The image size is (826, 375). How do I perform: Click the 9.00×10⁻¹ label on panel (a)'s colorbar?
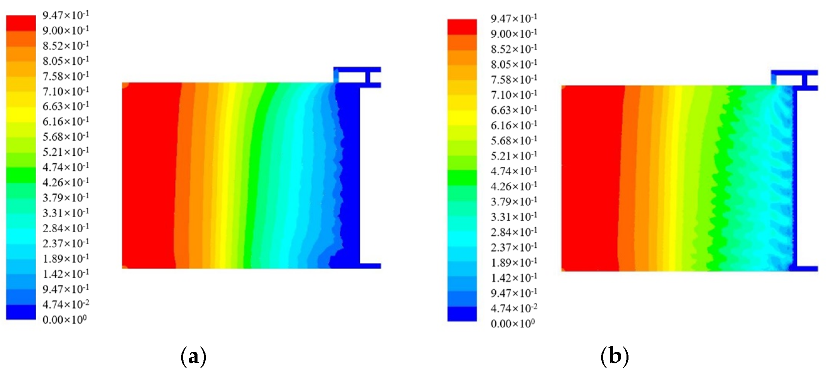[66, 31]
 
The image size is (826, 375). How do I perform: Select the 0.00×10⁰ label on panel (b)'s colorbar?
[513, 323]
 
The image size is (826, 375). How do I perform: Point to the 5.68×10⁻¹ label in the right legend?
[514, 140]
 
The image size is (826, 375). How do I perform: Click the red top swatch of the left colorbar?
[21, 23]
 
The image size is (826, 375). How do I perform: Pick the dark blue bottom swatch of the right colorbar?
[462, 314]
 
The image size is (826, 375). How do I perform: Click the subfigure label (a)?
[193, 356]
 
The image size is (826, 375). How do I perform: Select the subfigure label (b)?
[615, 356]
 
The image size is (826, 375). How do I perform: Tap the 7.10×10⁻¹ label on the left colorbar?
[66, 91]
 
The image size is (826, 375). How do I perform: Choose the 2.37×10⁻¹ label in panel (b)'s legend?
[514, 247]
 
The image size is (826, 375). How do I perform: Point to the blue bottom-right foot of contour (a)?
[370, 266]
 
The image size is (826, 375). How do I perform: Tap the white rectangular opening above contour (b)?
[789, 80]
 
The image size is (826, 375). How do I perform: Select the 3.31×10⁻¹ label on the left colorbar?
[66, 213]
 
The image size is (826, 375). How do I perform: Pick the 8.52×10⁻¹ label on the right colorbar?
[514, 49]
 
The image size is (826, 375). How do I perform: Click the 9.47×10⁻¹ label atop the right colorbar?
[514, 19]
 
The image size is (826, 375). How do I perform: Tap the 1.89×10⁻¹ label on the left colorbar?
[66, 259]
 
